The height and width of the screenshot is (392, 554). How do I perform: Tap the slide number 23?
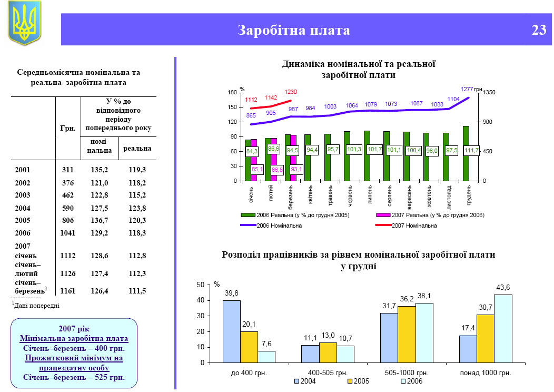(x=539, y=30)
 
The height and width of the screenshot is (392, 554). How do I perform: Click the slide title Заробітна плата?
(x=294, y=30)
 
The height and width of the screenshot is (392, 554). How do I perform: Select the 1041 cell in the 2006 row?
(x=67, y=233)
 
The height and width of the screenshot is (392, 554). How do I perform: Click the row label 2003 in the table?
(x=23, y=195)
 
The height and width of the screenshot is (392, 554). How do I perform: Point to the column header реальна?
(x=137, y=149)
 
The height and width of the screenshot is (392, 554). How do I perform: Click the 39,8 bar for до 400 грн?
(x=232, y=331)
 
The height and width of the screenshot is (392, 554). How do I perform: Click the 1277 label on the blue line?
(x=467, y=89)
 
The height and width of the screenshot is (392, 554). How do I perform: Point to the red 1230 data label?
(x=291, y=92)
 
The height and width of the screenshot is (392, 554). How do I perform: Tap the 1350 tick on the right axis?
(x=489, y=93)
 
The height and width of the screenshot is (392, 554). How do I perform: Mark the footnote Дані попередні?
(x=36, y=305)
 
